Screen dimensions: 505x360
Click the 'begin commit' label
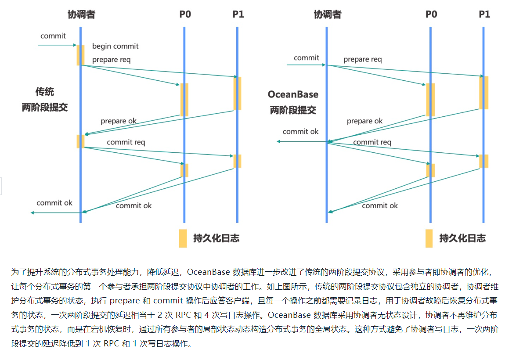[115, 46]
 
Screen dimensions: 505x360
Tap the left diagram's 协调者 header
[81, 14]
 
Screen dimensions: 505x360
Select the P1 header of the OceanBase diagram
[484, 14]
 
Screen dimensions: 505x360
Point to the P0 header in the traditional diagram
[185, 14]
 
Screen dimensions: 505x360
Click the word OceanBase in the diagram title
[293, 94]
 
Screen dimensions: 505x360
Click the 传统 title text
[45, 92]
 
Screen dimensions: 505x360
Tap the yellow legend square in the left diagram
[183, 238]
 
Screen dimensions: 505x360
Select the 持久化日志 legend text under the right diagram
[462, 238]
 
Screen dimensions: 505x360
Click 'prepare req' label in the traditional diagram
[112, 60]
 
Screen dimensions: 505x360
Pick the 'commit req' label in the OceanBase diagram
[372, 142]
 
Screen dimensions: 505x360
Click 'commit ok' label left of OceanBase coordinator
[300, 131]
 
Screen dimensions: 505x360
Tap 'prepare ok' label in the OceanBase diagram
[364, 121]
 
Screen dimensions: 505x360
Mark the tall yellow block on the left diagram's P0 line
[184, 100]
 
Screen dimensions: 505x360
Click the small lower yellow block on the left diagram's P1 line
[238, 161]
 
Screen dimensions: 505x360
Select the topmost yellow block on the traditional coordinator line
[80, 55]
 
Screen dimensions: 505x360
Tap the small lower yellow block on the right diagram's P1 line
[484, 161]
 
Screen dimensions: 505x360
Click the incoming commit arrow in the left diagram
[58, 45]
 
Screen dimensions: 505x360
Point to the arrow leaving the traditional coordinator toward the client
[55, 212]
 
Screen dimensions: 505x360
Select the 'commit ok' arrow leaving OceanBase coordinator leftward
[302, 141]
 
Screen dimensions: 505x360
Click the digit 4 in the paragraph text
[207, 315]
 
